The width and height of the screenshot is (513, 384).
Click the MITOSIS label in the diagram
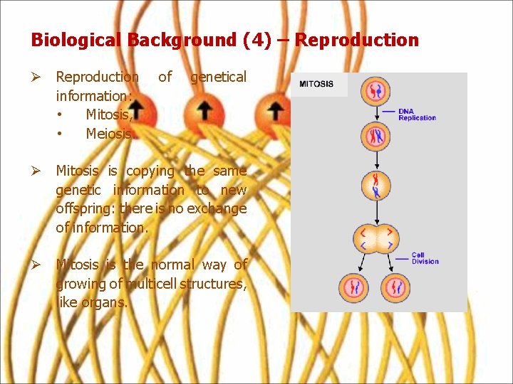316,84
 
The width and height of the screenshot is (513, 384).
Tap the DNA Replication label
417,114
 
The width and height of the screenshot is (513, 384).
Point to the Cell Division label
425,258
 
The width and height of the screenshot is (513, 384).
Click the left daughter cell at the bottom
356,288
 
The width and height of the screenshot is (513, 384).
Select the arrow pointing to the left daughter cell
363,264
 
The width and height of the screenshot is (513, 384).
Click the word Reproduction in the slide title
356,40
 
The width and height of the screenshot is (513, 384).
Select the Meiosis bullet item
108,133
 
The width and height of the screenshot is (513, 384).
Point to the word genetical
218,76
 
